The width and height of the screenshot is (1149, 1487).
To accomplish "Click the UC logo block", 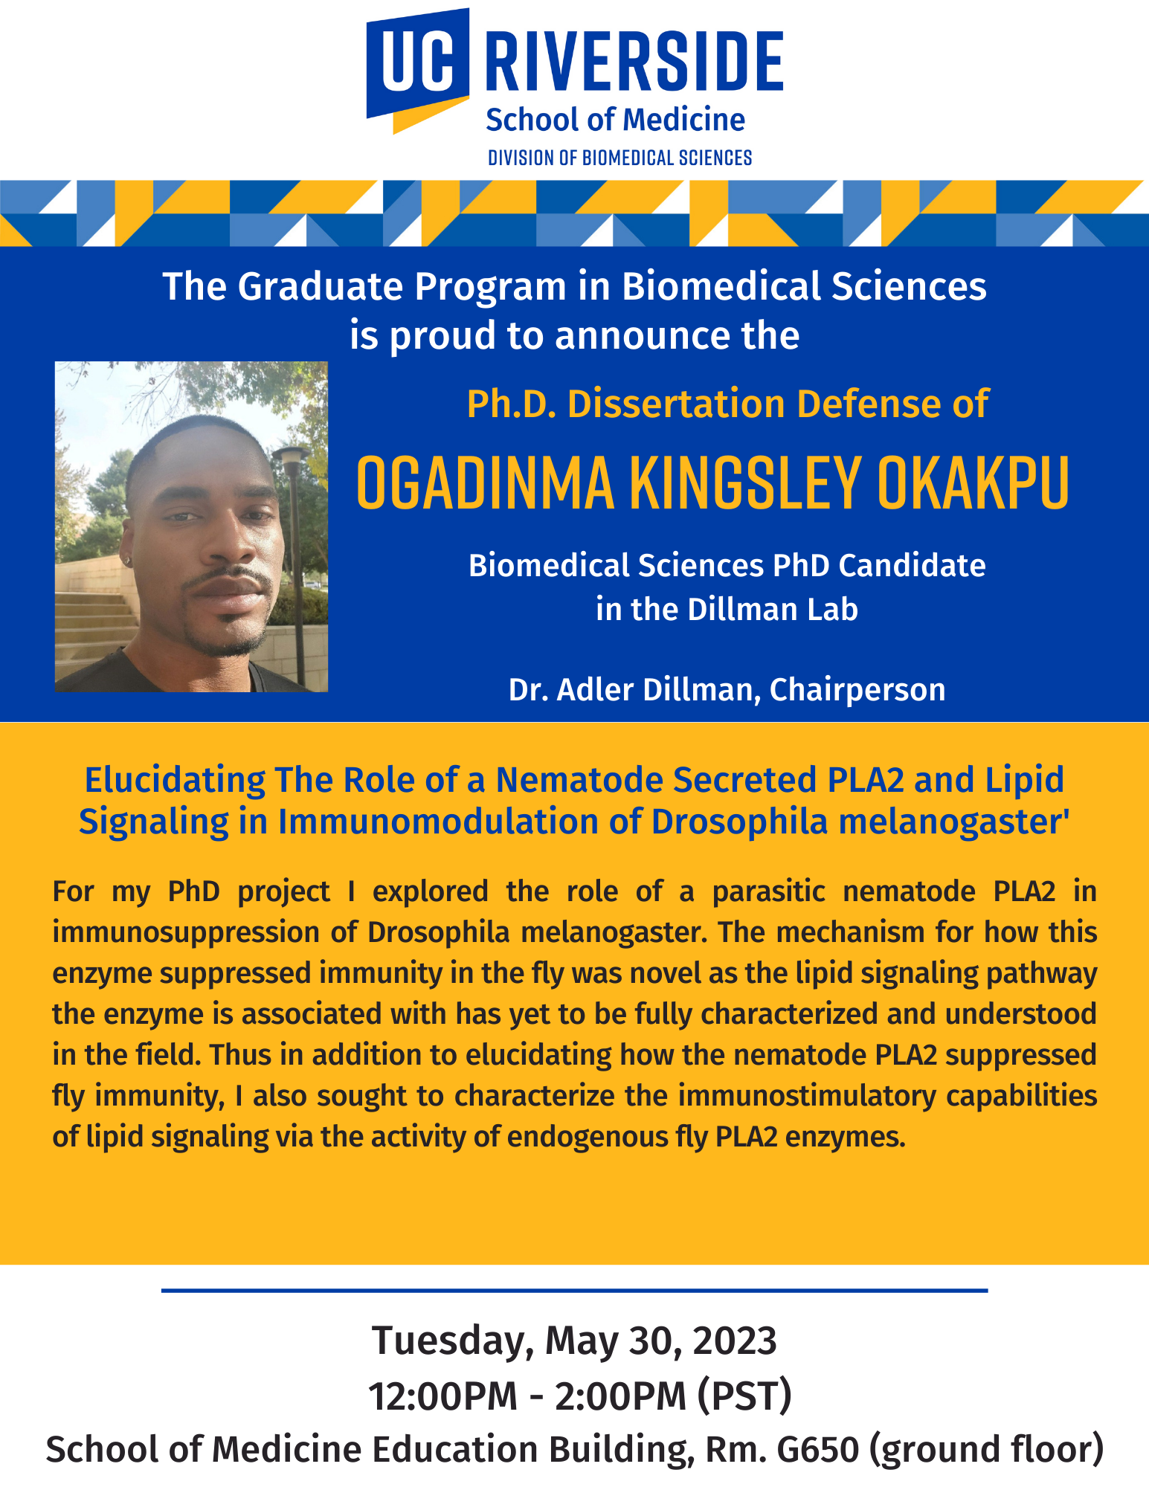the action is (417, 69).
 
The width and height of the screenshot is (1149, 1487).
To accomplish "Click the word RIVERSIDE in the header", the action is (634, 62).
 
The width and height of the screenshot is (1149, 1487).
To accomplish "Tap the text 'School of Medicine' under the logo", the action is (615, 120).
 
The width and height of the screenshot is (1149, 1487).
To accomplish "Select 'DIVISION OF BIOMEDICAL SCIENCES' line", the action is (619, 158).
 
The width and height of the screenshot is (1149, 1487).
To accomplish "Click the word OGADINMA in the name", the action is (486, 483).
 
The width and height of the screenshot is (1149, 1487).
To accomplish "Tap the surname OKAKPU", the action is (973, 483).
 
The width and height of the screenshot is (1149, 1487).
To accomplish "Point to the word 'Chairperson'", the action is (857, 690).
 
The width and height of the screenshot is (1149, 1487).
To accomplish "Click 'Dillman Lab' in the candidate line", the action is (773, 610).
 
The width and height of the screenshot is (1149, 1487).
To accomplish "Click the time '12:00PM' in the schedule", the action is (443, 1396).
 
